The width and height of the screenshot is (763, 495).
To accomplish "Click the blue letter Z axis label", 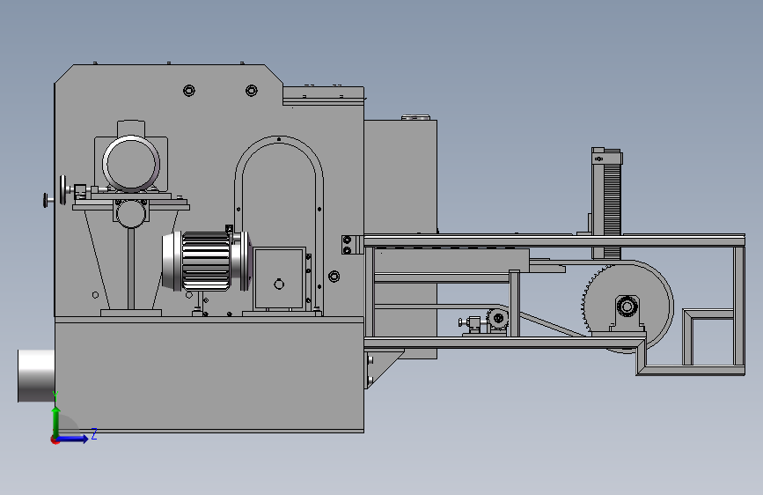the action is (x=94, y=433).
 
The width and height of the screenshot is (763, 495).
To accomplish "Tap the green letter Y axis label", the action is (x=55, y=395).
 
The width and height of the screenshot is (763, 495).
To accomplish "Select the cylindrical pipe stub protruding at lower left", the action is (x=36, y=375).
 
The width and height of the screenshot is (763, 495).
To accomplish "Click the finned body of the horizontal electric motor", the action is (x=206, y=261).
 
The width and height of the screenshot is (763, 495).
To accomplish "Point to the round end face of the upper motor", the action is (x=131, y=163).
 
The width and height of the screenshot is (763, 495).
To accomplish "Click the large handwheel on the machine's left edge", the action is (x=63, y=190).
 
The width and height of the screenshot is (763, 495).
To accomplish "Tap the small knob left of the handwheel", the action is (x=46, y=200).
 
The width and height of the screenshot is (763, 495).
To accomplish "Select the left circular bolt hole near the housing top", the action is (x=189, y=90).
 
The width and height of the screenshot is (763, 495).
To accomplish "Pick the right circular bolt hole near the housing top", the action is (x=251, y=90).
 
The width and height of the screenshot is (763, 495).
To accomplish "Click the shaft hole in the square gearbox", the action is (x=279, y=284).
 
